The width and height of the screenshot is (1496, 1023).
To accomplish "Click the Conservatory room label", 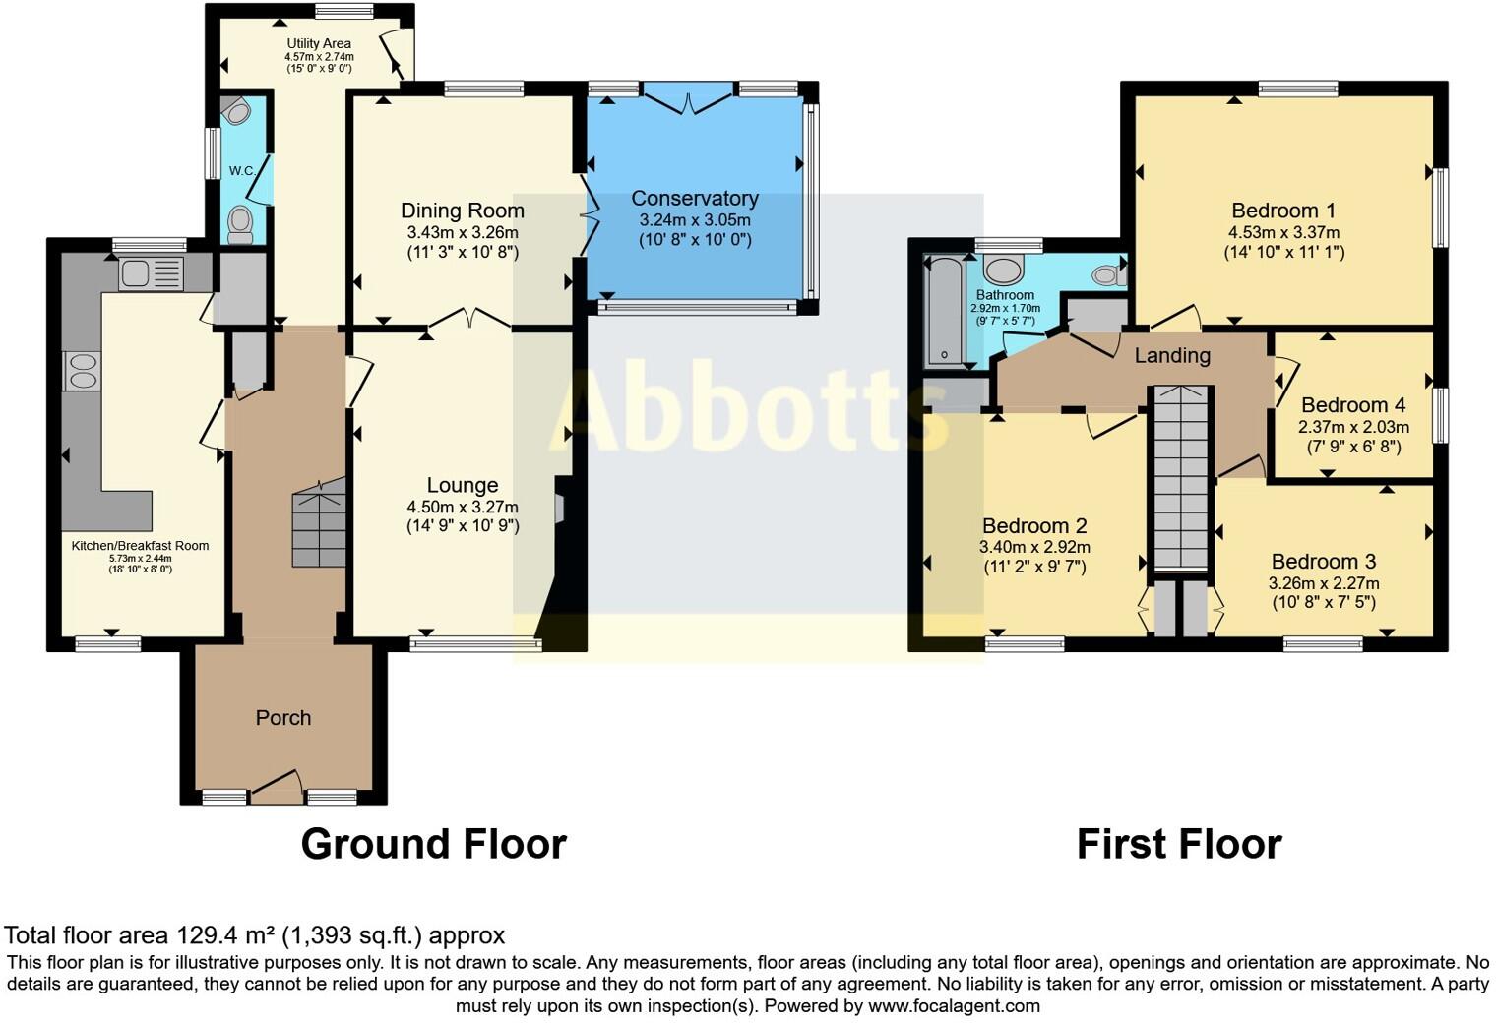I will tap(695, 199).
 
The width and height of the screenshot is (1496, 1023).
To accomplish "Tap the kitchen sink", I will tap(151, 273).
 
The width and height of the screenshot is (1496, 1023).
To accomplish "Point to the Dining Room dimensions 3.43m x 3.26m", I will tap(462, 232).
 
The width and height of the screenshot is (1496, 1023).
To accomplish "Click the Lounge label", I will tap(462, 485).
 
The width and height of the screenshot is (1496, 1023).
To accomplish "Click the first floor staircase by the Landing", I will tap(1179, 477).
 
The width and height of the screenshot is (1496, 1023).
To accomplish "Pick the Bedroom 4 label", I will tap(1352, 405).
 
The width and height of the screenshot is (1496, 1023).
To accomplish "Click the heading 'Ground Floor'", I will tap(433, 844).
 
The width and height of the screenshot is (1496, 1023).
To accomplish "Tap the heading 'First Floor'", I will tap(1178, 844).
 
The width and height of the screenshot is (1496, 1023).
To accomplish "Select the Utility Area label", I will tap(319, 43).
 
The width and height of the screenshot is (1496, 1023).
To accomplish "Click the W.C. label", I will tap(242, 170).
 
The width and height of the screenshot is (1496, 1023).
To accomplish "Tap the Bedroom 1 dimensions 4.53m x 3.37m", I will tap(1283, 232).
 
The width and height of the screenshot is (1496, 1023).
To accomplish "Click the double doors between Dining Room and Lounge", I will tap(468, 318).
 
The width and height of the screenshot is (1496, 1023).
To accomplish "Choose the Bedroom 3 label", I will tap(1323, 562).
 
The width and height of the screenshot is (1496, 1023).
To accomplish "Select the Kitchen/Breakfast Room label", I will tap(140, 546).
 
